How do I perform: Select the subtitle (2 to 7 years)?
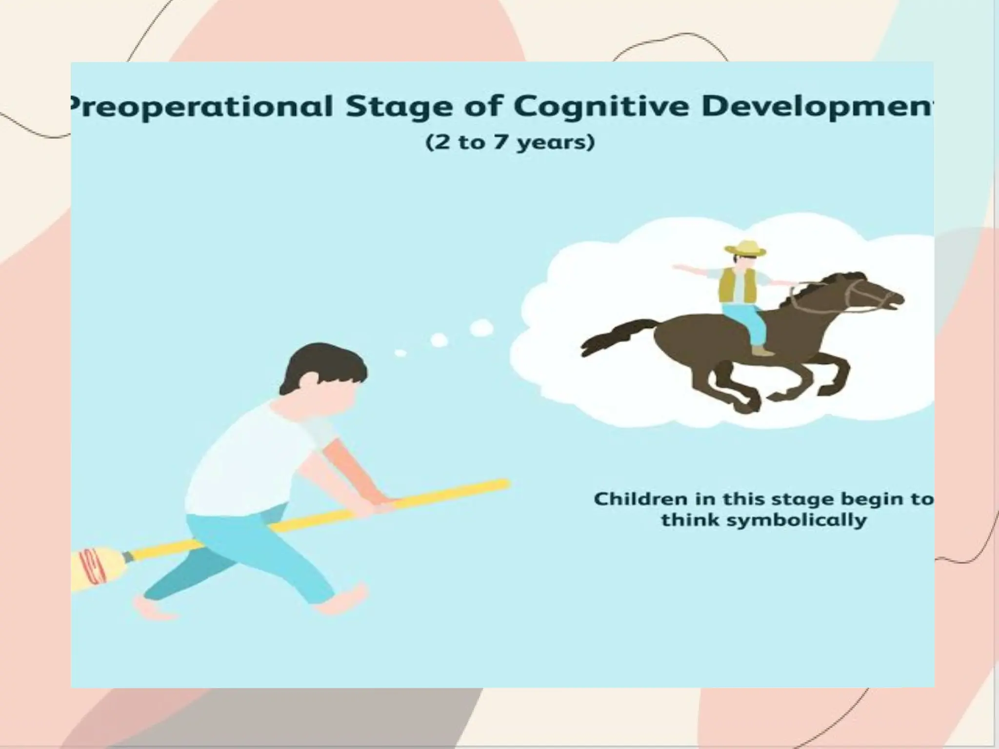point(510,143)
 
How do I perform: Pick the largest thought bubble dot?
point(481,328)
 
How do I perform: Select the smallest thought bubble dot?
point(400,353)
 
